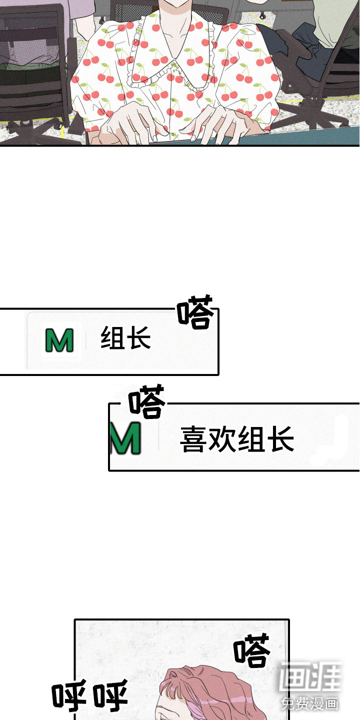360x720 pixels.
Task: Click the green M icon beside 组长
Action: [x=59, y=340]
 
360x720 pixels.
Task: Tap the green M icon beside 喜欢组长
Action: [x=125, y=438]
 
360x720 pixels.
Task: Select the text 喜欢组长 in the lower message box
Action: [x=236, y=439]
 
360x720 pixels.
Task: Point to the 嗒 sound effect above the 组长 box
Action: [x=195, y=312]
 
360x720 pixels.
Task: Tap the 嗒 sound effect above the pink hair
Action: [x=251, y=651]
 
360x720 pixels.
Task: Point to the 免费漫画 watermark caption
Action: [x=310, y=703]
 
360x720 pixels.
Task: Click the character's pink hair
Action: [x=200, y=690]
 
